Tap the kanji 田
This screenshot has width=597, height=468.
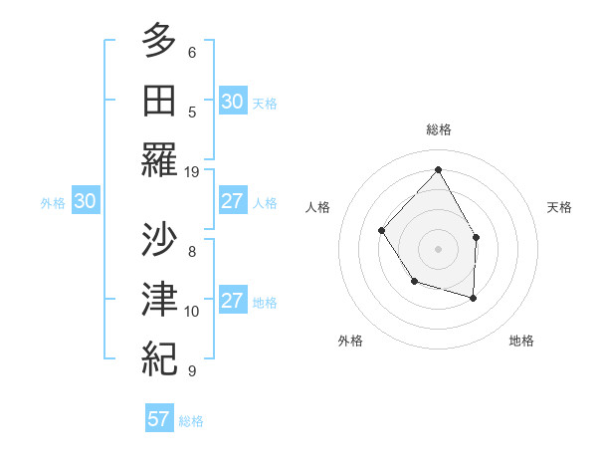tap(159, 100)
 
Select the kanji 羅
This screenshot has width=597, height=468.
tap(159, 159)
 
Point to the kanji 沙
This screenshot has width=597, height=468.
tap(159, 239)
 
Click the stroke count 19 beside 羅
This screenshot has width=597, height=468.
tap(192, 171)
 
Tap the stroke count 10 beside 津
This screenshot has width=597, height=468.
tap(192, 311)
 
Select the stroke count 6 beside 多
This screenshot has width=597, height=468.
tap(192, 52)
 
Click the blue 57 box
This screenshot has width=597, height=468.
tap(159, 419)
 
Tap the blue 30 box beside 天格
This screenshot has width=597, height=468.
tap(232, 102)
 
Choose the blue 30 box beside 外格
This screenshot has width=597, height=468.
tap(85, 201)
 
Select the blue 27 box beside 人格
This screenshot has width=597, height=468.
tap(232, 201)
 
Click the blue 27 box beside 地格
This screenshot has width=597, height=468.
tap(232, 301)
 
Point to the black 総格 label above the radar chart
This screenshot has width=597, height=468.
tap(438, 129)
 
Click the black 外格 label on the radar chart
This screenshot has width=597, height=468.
tap(350, 341)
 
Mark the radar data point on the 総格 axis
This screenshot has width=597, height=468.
tap(438, 169)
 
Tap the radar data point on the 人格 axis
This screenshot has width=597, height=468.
tap(382, 230)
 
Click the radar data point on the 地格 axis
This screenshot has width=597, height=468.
tap(473, 298)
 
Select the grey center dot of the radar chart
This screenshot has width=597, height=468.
tap(438, 248)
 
